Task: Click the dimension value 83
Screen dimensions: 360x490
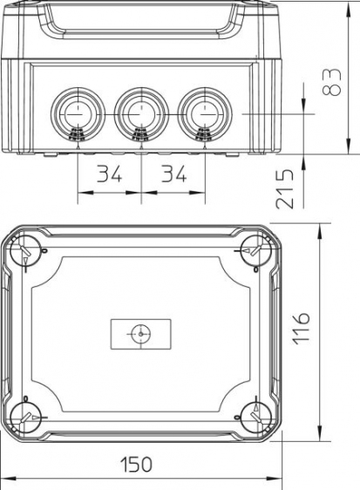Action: pyautogui.click(x=331, y=82)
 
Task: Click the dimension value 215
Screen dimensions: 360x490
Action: pyautogui.click(x=285, y=189)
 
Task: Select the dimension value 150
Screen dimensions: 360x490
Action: pyautogui.click(x=137, y=465)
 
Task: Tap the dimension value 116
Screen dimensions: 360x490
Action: pyautogui.click(x=302, y=329)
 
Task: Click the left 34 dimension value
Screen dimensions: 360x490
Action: pyautogui.click(x=109, y=174)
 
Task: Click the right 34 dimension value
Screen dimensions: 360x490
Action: pyautogui.click(x=173, y=174)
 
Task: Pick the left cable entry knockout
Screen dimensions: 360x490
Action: pyautogui.click(x=78, y=114)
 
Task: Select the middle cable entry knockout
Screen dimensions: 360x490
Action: pyautogui.click(x=141, y=114)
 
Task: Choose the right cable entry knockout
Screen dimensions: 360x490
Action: pyautogui.click(x=205, y=114)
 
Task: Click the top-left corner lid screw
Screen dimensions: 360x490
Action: pyautogui.click(x=25, y=250)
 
